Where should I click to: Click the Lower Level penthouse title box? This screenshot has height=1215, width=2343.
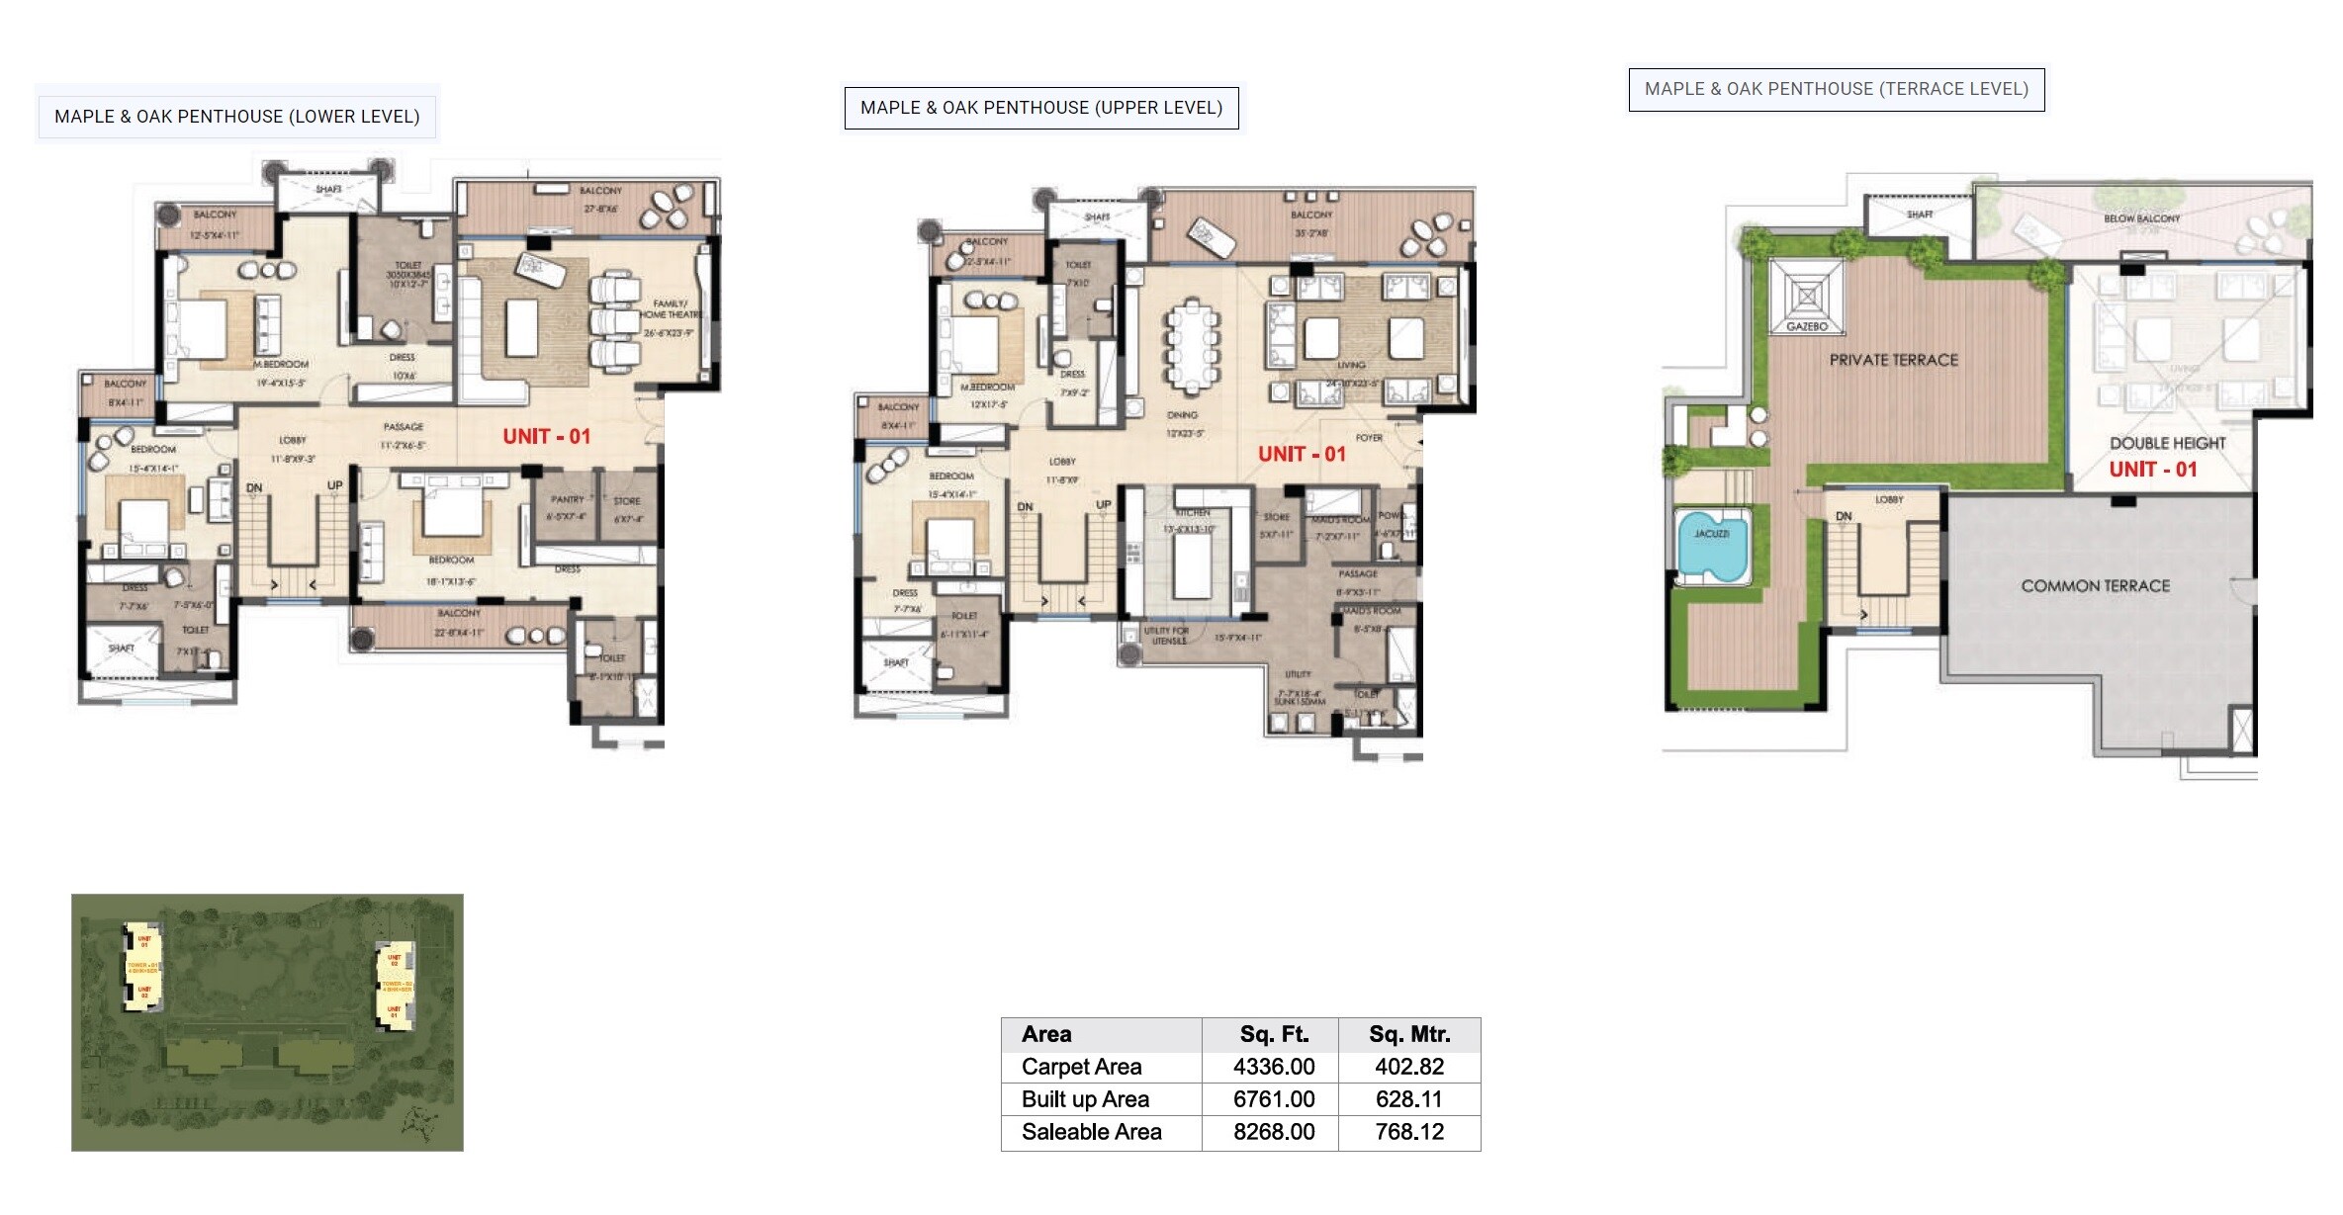point(236,116)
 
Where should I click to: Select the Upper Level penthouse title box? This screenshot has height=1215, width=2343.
point(1040,107)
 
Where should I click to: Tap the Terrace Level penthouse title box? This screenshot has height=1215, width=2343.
point(1836,89)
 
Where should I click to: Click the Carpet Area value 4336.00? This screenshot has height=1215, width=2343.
point(1273,1067)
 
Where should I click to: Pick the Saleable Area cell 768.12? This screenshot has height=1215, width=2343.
point(1408,1132)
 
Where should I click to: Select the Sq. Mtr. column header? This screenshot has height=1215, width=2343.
point(1408,1034)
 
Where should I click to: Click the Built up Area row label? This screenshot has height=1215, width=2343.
point(1085,1099)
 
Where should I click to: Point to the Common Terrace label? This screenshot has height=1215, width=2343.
point(2095,586)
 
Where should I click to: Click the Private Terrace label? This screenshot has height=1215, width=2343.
point(1893,361)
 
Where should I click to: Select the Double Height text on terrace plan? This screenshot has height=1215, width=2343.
point(2167,443)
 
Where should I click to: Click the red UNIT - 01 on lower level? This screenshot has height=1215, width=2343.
point(546,436)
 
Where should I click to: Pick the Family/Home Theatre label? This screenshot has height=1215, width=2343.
point(672,309)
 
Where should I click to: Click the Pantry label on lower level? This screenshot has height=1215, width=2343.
point(568,499)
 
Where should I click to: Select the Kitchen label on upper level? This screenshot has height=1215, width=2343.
point(1193,512)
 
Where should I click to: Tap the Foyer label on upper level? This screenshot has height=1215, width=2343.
point(1369,437)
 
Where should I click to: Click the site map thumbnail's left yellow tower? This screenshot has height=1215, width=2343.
point(142,966)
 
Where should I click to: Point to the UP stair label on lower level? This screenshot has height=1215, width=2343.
point(334,485)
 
